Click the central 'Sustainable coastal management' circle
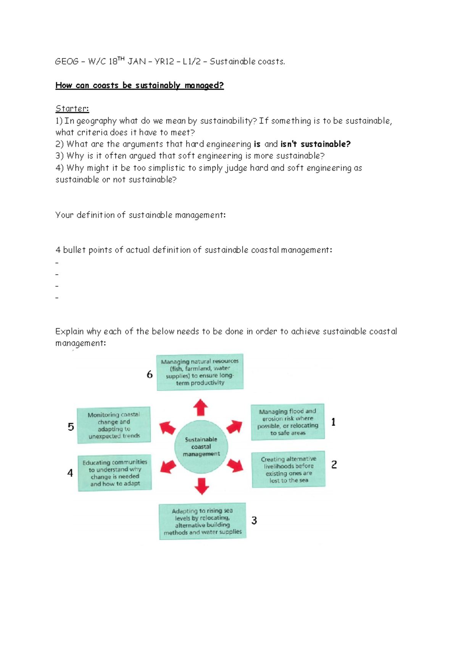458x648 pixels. (x=201, y=447)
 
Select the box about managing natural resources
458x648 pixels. (x=200, y=372)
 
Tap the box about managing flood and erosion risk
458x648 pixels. (x=288, y=422)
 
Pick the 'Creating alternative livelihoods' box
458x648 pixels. (x=289, y=469)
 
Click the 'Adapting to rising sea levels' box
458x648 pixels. (x=202, y=521)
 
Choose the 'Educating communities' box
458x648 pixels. (x=115, y=473)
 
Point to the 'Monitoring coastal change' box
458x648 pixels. (x=114, y=425)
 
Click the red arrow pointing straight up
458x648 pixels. (x=200, y=408)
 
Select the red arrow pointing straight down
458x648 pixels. (x=202, y=486)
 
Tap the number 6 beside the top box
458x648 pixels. (x=150, y=374)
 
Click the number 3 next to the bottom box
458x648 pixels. (x=254, y=521)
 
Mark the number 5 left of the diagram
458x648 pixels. (x=71, y=427)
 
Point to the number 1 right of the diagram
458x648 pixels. (x=333, y=422)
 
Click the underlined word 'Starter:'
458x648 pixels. (x=72, y=109)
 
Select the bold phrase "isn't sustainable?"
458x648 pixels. (x=315, y=144)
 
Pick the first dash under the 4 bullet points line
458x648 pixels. (x=57, y=263)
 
